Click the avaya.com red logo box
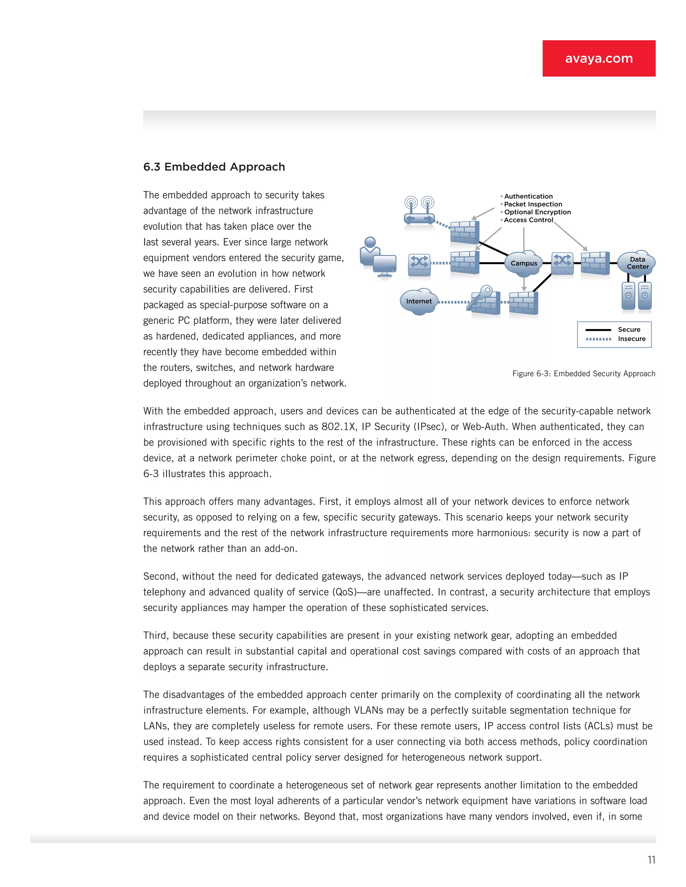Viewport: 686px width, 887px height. [x=598, y=58]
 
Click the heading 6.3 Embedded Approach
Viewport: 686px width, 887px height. [x=214, y=167]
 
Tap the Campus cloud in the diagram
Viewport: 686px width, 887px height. [x=524, y=263]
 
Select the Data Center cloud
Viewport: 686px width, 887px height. [x=637, y=263]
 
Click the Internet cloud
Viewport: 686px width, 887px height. [x=419, y=301]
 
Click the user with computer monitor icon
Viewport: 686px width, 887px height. [x=378, y=258]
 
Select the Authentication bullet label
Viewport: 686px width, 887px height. [x=528, y=196]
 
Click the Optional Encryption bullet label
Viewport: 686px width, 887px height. [x=537, y=212]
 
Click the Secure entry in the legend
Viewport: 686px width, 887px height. [x=629, y=329]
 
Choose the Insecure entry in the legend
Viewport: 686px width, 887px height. [x=631, y=339]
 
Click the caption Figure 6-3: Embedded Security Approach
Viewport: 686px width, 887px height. [x=584, y=374]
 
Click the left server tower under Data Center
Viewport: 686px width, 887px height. [x=628, y=296]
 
